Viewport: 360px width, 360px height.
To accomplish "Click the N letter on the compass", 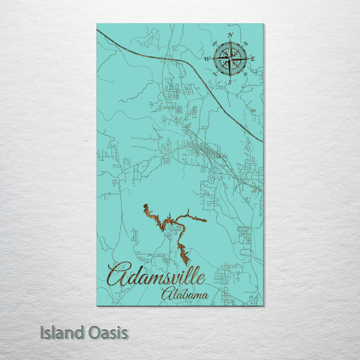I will pos(230,35).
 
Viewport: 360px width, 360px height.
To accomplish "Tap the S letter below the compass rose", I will pos(229,81).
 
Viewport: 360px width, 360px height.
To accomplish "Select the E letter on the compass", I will pos(253,58).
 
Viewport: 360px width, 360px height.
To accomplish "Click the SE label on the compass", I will pos(245,74).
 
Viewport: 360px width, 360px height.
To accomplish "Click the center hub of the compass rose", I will pos(230,58).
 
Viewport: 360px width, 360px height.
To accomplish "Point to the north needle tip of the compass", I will pos(230,41).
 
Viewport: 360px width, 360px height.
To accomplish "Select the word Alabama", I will pos(184,294).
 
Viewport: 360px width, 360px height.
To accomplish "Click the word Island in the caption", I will pos(61,332).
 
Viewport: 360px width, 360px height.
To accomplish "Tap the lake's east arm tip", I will pos(205,219).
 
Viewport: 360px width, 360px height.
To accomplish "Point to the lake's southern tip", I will pos(187,264).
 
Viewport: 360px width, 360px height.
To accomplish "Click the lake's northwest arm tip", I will pos(144,205).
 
